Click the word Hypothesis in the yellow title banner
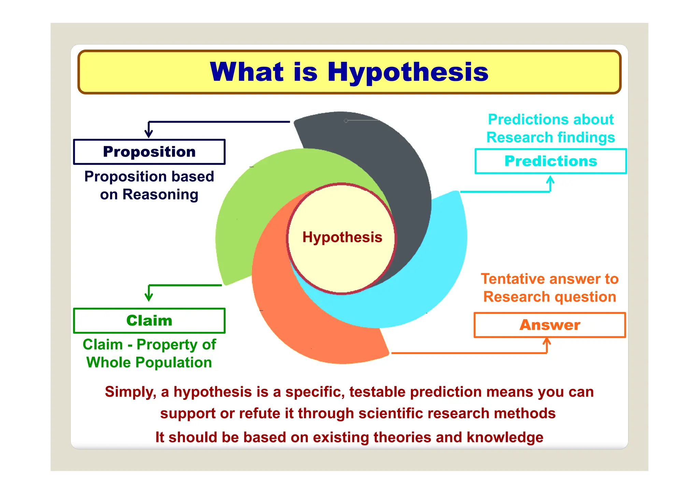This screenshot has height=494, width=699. [x=408, y=72]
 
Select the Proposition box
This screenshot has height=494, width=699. [x=149, y=152]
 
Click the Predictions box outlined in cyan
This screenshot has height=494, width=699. [x=551, y=161]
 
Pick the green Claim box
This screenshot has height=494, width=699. [x=149, y=321]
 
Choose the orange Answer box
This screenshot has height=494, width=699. [x=550, y=325]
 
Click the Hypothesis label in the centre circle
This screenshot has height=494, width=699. [x=342, y=237]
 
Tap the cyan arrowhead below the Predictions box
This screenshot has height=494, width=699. [x=550, y=180]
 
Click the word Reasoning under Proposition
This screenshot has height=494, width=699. [x=160, y=194]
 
